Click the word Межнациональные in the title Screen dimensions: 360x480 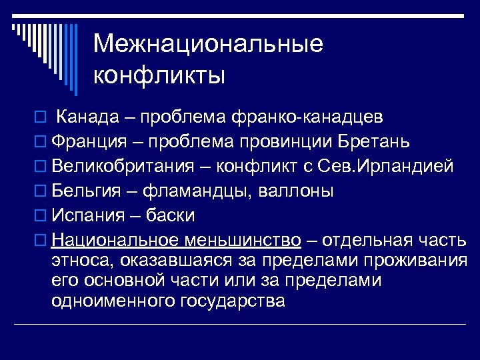tap(208, 45)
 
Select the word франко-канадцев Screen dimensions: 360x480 tap(316, 118)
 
